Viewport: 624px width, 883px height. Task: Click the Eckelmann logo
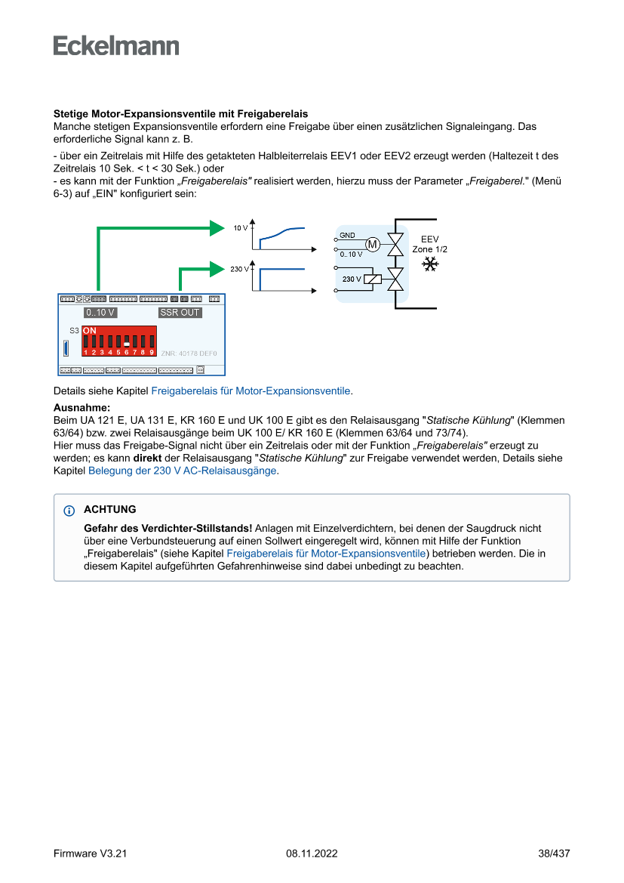point(116,46)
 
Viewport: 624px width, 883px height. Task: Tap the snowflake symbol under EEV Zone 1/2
point(430,264)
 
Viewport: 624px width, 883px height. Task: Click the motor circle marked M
point(373,244)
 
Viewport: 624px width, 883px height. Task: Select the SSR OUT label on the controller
point(180,312)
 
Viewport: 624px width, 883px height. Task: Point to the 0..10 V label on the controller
point(100,312)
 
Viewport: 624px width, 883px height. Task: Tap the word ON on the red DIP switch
point(89,331)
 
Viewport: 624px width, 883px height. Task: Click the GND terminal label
point(347,236)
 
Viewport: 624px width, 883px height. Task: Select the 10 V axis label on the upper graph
point(240,227)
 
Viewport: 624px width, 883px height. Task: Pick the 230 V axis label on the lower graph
point(239,269)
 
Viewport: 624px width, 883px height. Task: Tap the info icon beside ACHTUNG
point(69,511)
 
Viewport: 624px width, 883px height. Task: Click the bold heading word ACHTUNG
point(110,510)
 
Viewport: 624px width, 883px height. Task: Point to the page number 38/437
point(554,854)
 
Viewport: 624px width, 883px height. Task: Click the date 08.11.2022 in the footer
point(312,854)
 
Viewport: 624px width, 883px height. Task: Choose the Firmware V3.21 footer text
point(91,854)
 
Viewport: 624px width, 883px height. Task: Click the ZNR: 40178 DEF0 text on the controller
point(189,353)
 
